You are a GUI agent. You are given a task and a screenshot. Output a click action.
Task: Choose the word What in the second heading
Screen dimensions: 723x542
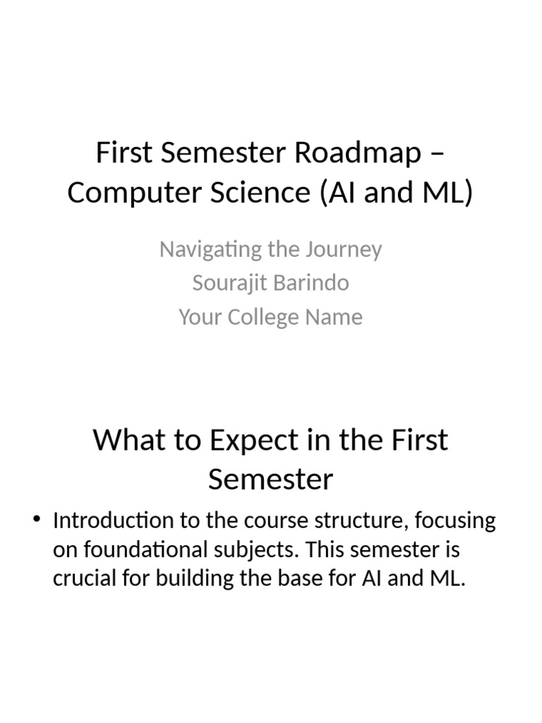pyautogui.click(x=126, y=440)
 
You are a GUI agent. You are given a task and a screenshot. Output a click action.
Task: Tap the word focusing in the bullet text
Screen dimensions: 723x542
pyautogui.click(x=454, y=522)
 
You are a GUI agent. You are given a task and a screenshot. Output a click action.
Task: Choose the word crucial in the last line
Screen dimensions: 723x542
pyautogui.click(x=82, y=578)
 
